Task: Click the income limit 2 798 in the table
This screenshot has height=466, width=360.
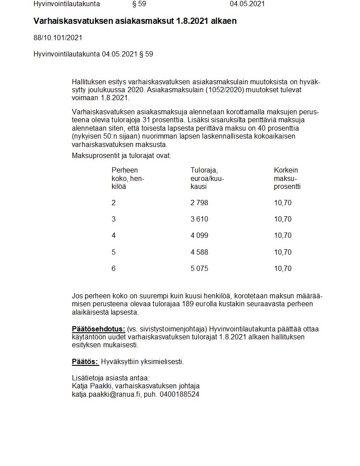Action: coord(199,203)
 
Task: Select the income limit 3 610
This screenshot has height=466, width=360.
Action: coord(199,219)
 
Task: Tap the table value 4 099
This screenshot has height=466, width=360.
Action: coord(199,236)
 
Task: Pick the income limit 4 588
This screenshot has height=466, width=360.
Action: coord(199,252)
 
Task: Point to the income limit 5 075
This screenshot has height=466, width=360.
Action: coord(199,269)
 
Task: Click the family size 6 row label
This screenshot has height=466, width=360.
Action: coord(113,269)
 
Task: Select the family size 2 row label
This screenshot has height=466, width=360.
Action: coord(113,203)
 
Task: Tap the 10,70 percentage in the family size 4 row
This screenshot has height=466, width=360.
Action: coord(283,236)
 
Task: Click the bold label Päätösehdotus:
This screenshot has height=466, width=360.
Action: coord(98,329)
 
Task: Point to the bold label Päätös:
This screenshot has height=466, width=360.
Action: coord(85,362)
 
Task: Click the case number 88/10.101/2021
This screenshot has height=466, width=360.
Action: coord(58,38)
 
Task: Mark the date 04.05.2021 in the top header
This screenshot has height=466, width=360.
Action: coord(247,4)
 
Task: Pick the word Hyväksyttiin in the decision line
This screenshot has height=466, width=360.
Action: coord(120,362)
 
